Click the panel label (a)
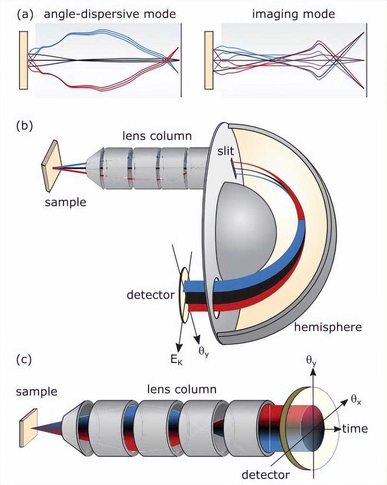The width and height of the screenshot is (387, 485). [x=25, y=15]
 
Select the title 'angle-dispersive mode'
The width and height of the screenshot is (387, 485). [x=110, y=15]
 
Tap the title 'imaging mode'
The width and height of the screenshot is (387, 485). [x=293, y=15]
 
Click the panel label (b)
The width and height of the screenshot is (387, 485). [x=25, y=127]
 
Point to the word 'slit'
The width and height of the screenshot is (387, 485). [x=225, y=151]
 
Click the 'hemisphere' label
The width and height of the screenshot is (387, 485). [x=328, y=327]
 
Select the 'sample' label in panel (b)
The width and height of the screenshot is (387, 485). [x=65, y=202]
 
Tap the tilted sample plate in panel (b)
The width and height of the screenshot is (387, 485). [x=50, y=165]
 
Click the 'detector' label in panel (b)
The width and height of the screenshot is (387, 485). [x=150, y=295]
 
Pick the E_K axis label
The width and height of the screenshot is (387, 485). [x=177, y=359]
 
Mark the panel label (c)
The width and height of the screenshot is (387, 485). [x=25, y=360]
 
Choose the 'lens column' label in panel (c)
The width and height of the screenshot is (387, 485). [x=182, y=389]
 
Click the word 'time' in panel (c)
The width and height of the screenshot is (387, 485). [x=355, y=429]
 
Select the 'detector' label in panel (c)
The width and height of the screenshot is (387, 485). [x=265, y=475]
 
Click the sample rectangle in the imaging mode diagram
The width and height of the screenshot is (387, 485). [x=209, y=60]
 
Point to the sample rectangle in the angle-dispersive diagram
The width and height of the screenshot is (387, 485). [x=23, y=60]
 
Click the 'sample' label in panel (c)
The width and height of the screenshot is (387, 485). [x=36, y=392]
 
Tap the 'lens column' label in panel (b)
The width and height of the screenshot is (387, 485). [x=157, y=135]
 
